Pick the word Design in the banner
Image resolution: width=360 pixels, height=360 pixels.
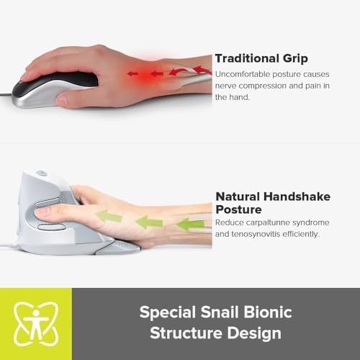click(x=260, y=334)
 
